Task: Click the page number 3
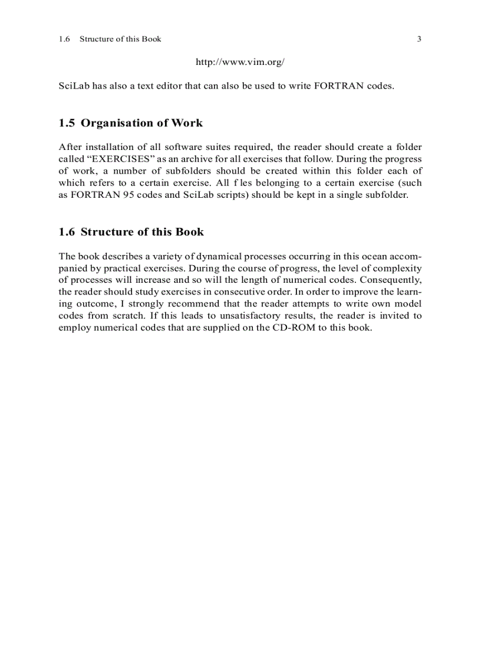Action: click(419, 40)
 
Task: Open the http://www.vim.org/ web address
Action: click(240, 61)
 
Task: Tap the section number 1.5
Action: click(67, 123)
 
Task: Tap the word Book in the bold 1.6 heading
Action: click(189, 231)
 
